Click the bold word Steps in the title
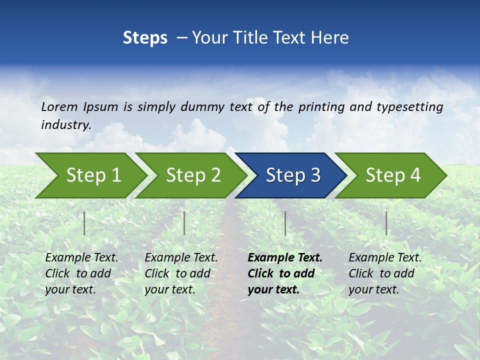pos(145,38)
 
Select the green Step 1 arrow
pos(90,175)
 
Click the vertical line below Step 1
pos(84,223)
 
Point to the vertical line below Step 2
pos(184,223)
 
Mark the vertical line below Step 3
pos(285,223)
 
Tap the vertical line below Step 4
pos(386,223)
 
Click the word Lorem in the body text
pos(59,107)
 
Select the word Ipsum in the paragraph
pos(100,107)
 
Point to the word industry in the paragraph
pos(66,125)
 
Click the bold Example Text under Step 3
pos(285,258)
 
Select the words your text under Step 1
pos(70,289)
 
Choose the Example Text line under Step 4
pos(385,258)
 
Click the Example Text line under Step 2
pos(181,258)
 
